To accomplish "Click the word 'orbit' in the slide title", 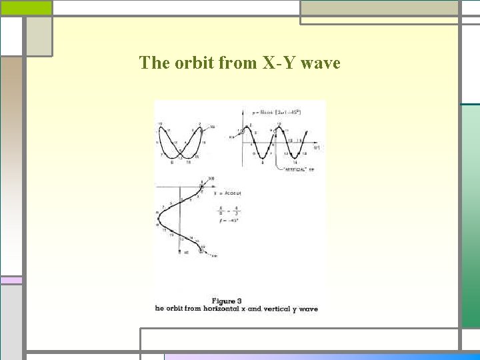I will [193, 63].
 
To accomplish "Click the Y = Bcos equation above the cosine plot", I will [277, 112].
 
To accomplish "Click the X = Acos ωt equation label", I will [227, 193].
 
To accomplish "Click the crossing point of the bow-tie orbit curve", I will [180, 150].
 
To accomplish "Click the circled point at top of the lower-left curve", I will [203, 186].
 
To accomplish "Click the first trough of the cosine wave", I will [263, 161].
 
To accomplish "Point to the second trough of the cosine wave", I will [293, 161].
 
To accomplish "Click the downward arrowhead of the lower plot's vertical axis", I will [181, 253].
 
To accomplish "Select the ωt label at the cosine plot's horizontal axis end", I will [317, 147].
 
